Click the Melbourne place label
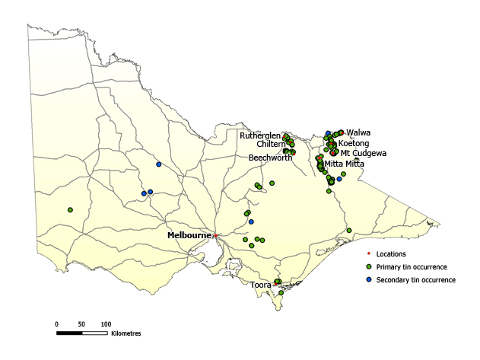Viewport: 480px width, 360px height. click(189, 236)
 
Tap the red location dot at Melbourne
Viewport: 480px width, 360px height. click(215, 236)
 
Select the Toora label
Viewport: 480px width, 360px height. click(261, 285)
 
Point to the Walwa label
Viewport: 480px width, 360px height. click(358, 132)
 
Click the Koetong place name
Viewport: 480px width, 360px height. click(354, 143)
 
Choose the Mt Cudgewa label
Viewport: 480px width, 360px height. click(364, 153)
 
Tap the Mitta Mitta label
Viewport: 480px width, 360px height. click(344, 164)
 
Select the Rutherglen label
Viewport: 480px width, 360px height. click(260, 135)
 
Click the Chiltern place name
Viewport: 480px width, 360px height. click(271, 144)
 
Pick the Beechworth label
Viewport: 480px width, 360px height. click(270, 158)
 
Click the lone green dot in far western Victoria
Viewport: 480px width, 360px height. click(70, 210)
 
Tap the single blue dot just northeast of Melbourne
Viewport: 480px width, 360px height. click(251, 221)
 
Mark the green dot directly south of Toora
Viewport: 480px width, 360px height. click(281, 293)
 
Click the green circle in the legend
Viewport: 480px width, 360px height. click(369, 267)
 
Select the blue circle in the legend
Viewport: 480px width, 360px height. click(369, 280)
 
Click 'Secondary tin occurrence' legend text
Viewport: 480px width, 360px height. click(416, 280)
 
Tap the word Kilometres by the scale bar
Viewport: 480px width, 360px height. click(126, 333)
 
